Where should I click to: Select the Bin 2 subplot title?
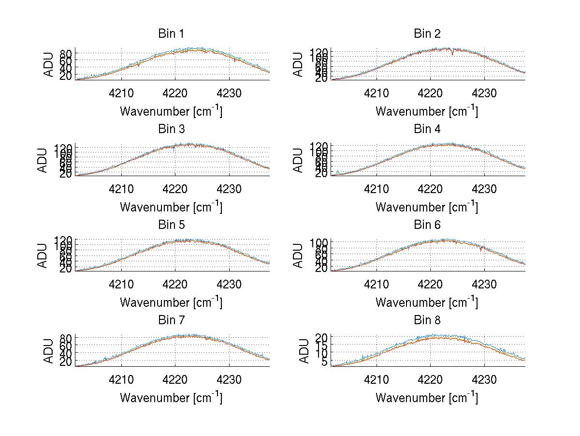point(427,34)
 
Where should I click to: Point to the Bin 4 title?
point(427,129)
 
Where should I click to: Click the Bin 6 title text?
point(427,225)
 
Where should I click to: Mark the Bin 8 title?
point(427,320)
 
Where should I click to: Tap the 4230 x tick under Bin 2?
point(484,93)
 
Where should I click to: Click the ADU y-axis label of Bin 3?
point(43,160)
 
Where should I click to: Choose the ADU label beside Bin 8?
point(304,351)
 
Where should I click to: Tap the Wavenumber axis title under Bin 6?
point(427,302)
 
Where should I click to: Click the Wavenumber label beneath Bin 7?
point(171,398)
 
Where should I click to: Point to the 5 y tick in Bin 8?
point(324,362)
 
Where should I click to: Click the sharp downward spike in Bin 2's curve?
point(452,54)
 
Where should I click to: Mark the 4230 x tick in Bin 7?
point(229,379)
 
